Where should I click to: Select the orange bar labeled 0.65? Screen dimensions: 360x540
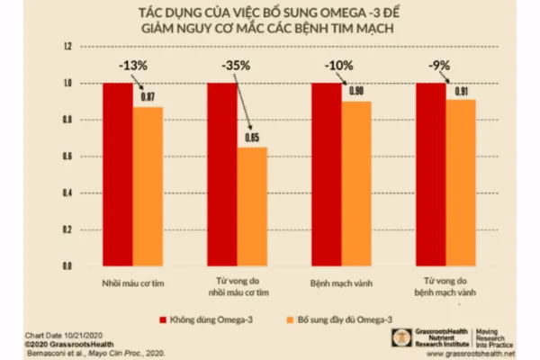click(253, 207)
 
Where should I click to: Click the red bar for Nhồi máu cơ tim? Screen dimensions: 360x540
click(118, 175)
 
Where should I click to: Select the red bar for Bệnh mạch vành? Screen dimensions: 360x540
click(327, 175)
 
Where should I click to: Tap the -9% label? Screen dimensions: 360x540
click(440, 65)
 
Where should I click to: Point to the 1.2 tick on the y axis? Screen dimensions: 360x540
click(67, 47)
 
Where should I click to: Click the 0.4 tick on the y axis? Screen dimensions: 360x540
click(67, 193)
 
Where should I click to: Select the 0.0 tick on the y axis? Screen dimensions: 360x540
click(67, 267)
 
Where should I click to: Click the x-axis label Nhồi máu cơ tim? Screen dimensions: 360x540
click(133, 281)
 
